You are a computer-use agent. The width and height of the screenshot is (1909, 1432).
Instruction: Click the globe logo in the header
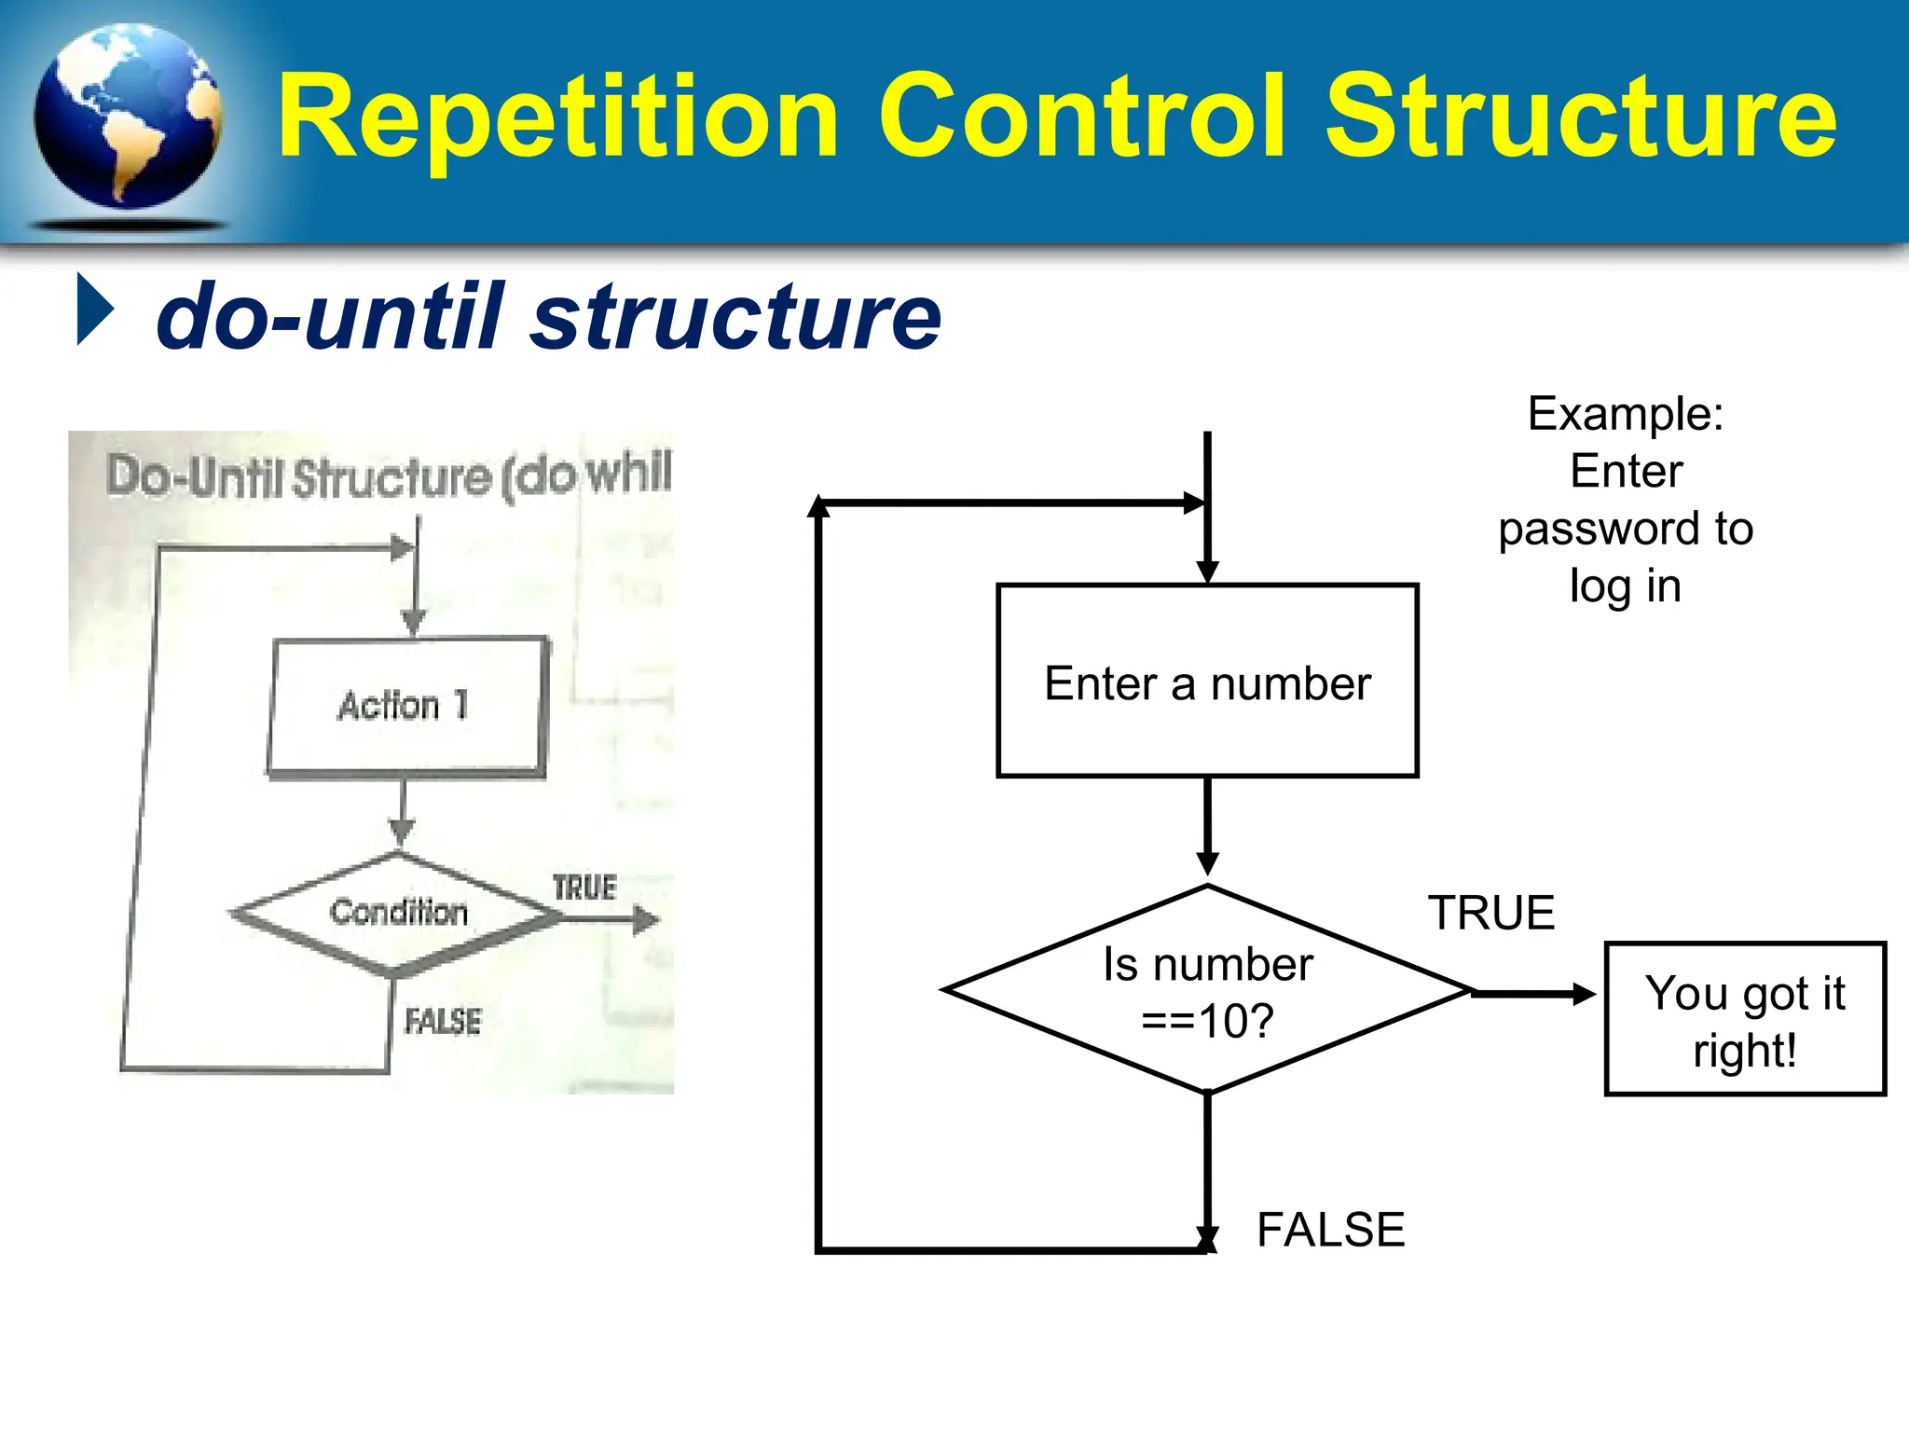coord(128,118)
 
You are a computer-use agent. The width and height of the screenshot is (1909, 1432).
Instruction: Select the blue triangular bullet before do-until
coord(94,310)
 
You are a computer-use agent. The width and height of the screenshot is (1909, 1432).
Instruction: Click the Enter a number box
coord(1207,682)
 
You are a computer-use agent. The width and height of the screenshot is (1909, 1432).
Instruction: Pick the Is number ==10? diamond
coord(1207,990)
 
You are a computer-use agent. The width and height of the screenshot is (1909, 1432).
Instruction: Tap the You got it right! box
coord(1744,1020)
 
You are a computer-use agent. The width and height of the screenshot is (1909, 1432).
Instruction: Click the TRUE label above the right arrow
coord(1491,913)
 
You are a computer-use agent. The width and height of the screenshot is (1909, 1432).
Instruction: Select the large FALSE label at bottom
coord(1330,1230)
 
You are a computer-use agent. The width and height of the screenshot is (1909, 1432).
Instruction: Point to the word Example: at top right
coord(1626,414)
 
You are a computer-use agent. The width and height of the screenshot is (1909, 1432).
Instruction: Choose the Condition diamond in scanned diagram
coord(398,912)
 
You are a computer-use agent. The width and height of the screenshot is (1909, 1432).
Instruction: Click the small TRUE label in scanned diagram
coord(584,888)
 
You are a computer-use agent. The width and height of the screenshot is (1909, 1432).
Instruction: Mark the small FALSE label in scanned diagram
coord(443,1022)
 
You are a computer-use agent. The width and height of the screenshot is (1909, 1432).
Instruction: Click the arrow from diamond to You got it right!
coord(1533,994)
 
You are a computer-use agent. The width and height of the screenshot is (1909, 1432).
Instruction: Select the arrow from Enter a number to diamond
coord(1207,825)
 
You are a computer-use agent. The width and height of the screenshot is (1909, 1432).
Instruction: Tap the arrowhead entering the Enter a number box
coord(1207,571)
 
